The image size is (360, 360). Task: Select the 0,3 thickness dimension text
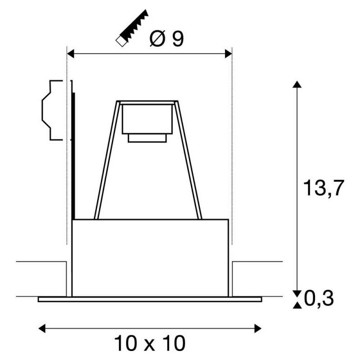pyautogui.click(x=319, y=298)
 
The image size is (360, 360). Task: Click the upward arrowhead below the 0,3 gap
pyautogui.click(x=296, y=306)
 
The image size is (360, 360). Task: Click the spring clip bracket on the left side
pyautogui.click(x=52, y=110)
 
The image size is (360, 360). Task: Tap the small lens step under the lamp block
pyautogui.click(x=147, y=138)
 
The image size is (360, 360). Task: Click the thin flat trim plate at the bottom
pyautogui.click(x=150, y=299)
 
